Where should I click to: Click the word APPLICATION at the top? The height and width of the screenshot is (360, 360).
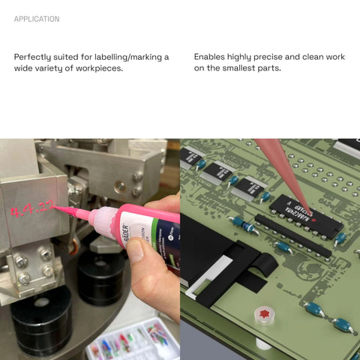pyautogui.click(x=36, y=19)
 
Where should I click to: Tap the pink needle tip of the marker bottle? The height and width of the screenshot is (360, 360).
pyautogui.click(x=71, y=212)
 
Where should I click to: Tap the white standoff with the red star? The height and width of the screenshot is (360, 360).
pyautogui.click(x=264, y=314)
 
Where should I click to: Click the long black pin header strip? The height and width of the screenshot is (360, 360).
pyautogui.click(x=292, y=235)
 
